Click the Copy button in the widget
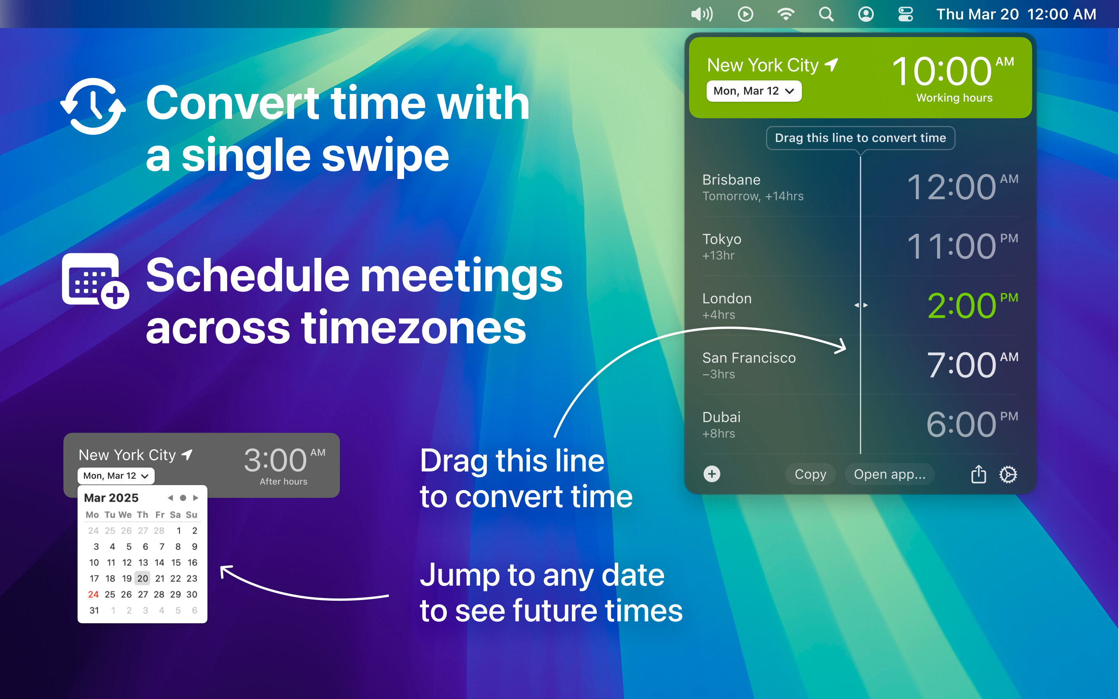click(x=810, y=474)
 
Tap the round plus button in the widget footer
click(x=712, y=474)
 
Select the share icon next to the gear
click(x=978, y=474)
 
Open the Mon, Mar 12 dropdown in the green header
click(x=754, y=91)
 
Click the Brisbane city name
click(x=731, y=180)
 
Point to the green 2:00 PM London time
click(x=973, y=306)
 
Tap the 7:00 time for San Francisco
click(x=961, y=365)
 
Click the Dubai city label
click(x=722, y=417)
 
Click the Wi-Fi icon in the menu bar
click(x=786, y=14)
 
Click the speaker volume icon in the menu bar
click(x=701, y=14)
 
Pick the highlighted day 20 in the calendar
click(x=143, y=578)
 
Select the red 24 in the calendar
click(x=93, y=595)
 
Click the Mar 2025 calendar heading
click(x=111, y=498)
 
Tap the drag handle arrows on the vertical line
click(x=861, y=305)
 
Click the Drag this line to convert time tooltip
click(x=861, y=138)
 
